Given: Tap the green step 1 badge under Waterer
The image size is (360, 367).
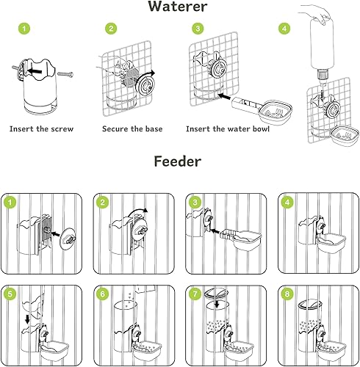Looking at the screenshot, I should pos(25,29).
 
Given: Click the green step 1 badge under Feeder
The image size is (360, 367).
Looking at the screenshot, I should pos(10,202).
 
